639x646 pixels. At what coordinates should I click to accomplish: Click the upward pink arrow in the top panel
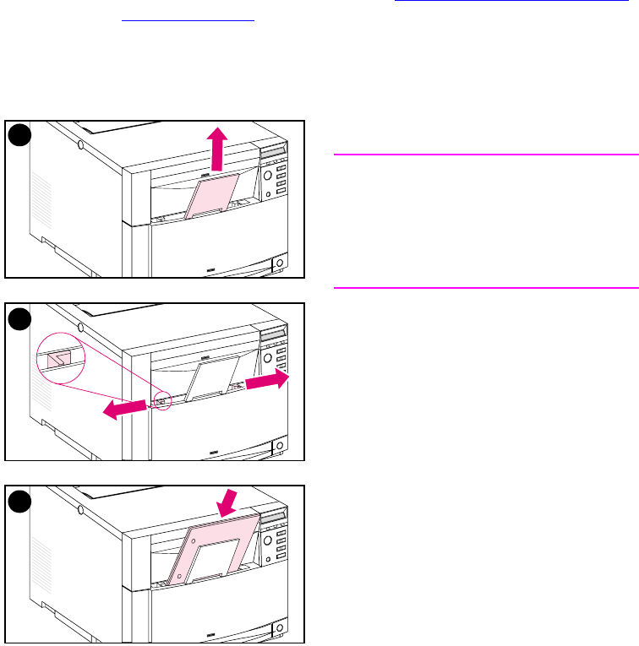[218, 149]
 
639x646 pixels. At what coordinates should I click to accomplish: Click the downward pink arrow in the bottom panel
[226, 505]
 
